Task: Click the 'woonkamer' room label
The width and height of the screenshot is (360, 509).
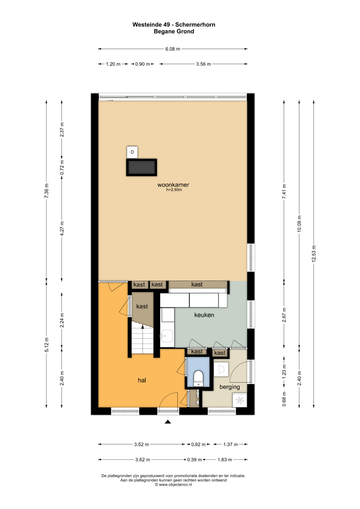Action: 173,185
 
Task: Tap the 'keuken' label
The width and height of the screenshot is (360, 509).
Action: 204,315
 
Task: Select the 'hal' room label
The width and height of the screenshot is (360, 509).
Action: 142,380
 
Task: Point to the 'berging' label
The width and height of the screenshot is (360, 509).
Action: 230,387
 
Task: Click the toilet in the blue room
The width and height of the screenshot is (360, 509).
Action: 198,378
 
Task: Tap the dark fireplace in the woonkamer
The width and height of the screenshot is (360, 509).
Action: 142,167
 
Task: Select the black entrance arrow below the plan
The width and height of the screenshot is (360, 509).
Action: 168,422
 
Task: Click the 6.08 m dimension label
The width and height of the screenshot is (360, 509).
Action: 173,49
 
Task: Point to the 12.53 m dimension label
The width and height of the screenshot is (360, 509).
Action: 314,254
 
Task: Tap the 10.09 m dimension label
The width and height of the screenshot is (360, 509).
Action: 299,224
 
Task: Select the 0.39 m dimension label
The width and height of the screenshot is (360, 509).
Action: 195,459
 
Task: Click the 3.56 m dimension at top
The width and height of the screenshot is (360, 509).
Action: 203,64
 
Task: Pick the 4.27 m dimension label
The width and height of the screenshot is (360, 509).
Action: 62,228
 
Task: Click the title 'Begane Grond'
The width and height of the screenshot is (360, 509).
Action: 174,31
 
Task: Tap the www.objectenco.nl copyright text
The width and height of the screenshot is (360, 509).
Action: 173,484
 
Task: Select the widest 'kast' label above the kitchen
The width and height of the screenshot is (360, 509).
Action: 197,284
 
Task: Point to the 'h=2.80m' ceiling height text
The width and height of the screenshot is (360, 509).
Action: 174,190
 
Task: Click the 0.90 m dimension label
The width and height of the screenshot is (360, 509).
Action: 143,64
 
